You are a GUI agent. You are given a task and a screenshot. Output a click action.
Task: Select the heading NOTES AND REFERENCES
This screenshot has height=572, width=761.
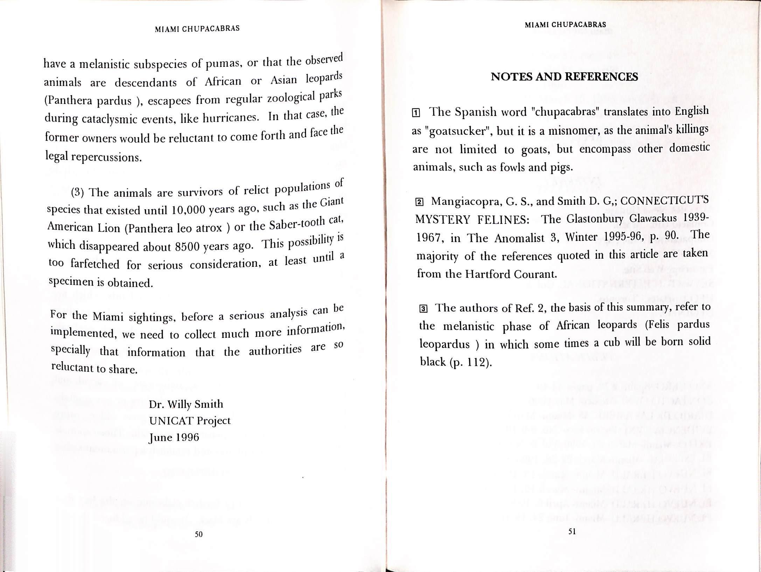coord(564,77)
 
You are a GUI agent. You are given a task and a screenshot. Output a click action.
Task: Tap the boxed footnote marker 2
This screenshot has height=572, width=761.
coord(419,202)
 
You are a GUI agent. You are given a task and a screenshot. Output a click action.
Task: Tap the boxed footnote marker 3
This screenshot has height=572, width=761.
coord(423,309)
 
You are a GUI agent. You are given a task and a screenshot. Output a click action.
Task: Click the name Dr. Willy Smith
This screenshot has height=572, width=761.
coord(186,404)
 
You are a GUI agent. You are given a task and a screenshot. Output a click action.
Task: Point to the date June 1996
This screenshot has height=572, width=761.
coord(174,438)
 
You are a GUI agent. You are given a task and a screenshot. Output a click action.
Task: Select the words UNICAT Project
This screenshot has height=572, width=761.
coord(190,421)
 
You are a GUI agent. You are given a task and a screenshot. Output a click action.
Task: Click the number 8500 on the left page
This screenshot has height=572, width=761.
coord(187,247)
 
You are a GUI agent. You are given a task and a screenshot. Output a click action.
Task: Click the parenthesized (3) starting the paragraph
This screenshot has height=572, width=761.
coord(77,193)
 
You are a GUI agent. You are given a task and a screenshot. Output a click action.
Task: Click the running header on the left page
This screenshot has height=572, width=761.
coord(197,29)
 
